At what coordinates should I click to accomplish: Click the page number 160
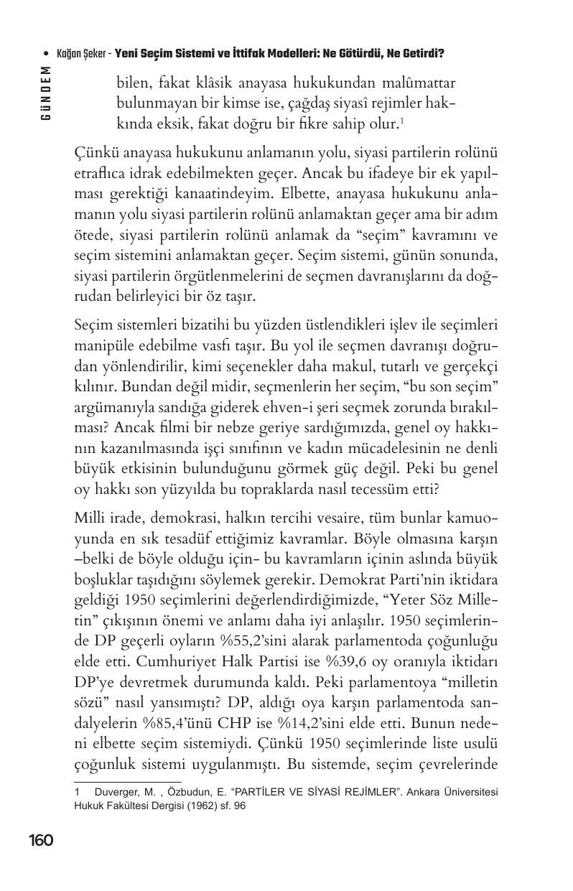pyautogui.click(x=41, y=840)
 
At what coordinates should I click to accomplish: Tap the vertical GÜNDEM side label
pyautogui.click(x=46, y=93)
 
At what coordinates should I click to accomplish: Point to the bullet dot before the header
pyautogui.click(x=46, y=54)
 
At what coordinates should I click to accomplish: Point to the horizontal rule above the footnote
pyautogui.click(x=127, y=781)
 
